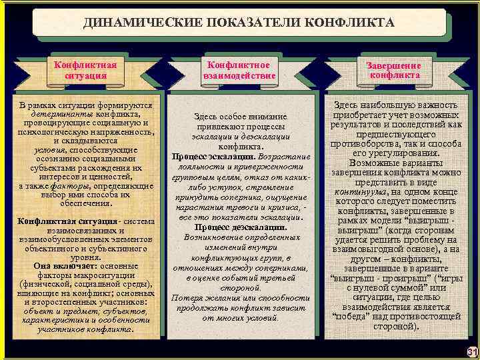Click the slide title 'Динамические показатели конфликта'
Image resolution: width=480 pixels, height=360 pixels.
(x=239, y=23)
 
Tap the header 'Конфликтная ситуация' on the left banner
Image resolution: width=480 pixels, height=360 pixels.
(x=85, y=70)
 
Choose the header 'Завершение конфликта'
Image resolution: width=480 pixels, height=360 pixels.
(x=393, y=70)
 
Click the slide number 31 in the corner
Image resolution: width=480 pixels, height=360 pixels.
(x=472, y=351)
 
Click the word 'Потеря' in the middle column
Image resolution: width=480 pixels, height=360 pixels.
(x=187, y=297)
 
